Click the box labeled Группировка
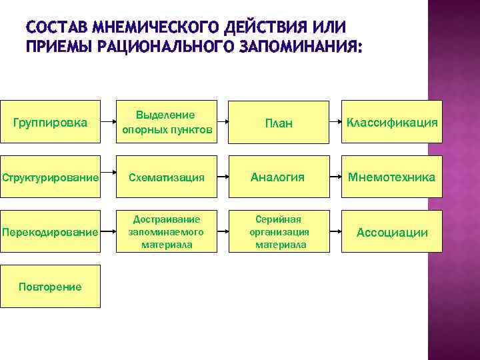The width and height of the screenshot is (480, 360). click(50, 122)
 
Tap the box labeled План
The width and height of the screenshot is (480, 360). click(279, 122)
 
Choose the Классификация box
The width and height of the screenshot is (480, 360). click(392, 122)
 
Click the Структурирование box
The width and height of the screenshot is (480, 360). click(50, 177)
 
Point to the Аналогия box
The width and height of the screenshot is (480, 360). click(279, 177)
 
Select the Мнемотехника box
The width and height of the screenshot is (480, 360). click(392, 177)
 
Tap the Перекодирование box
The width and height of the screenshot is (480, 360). click(50, 232)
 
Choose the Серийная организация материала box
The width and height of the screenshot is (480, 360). click(279, 231)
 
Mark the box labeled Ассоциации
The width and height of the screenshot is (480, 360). click(392, 232)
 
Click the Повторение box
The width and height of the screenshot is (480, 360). click(50, 287)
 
